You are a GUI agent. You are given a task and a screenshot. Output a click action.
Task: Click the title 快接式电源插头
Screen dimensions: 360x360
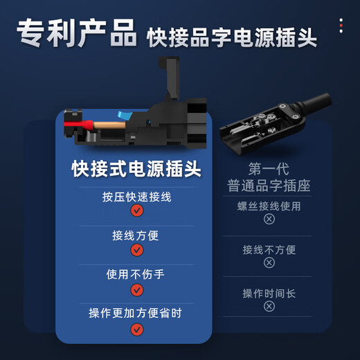(x=136, y=169)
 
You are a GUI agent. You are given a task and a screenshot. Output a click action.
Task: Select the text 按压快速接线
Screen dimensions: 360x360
(x=136, y=197)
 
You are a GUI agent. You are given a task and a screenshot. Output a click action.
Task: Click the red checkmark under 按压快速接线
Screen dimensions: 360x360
(x=136, y=211)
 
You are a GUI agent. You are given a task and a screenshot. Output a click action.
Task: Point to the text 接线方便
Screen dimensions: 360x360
(x=136, y=235)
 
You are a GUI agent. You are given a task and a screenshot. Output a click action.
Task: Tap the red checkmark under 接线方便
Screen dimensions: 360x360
(x=136, y=250)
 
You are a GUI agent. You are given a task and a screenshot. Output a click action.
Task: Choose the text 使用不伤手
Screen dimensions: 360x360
(x=136, y=274)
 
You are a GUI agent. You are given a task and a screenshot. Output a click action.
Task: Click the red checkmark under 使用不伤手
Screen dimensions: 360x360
(x=136, y=289)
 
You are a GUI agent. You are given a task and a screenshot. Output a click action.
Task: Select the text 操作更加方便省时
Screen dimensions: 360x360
(x=136, y=313)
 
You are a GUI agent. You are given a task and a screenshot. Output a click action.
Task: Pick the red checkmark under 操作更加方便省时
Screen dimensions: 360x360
(x=136, y=329)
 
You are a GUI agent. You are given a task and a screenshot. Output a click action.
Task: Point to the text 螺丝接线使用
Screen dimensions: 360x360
(x=269, y=206)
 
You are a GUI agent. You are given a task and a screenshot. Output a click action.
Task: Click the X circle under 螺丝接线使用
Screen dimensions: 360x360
(x=269, y=219)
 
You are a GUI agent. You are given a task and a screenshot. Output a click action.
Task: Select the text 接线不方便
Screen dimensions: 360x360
(x=269, y=249)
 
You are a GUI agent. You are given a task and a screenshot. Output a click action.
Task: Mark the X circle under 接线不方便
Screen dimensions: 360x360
(x=269, y=263)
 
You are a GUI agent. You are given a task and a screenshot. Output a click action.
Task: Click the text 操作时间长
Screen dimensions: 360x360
(x=269, y=293)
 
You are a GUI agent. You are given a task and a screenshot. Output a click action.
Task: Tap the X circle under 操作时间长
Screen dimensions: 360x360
(x=269, y=307)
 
